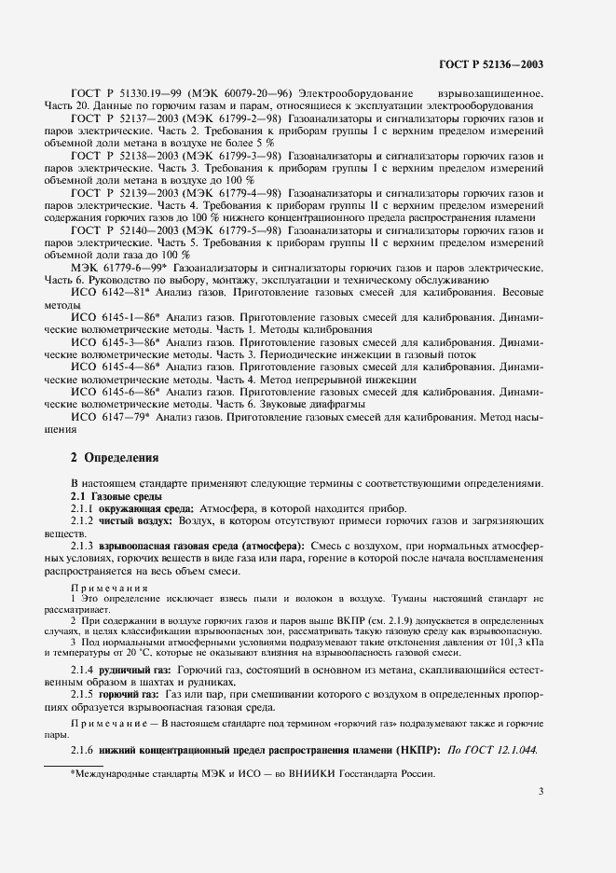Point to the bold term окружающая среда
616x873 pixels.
146,509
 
